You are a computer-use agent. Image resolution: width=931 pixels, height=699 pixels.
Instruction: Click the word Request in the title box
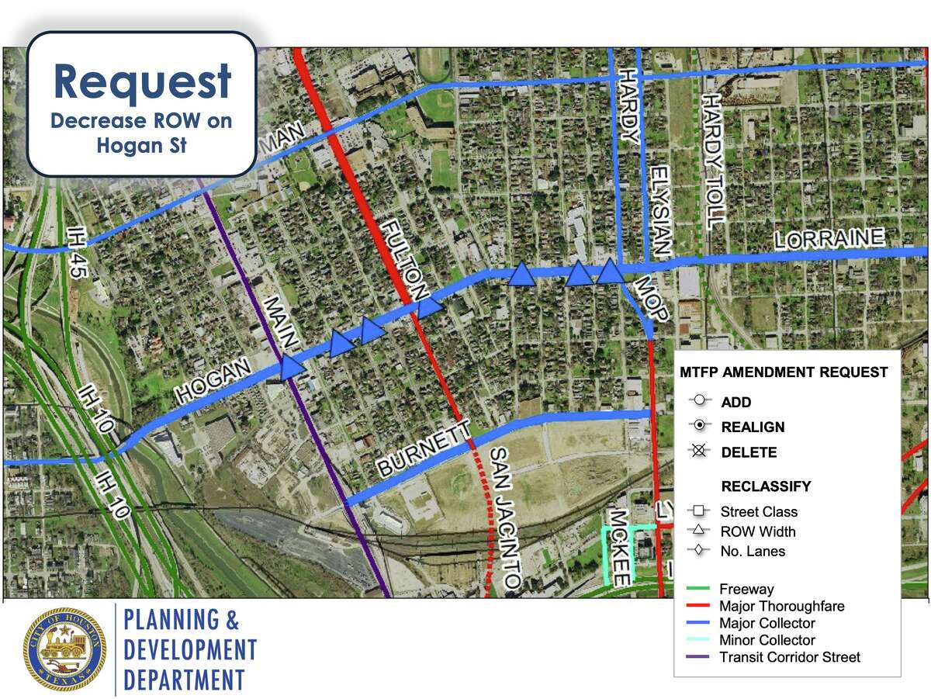click(x=142, y=81)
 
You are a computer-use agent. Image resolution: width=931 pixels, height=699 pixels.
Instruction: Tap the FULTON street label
click(x=403, y=259)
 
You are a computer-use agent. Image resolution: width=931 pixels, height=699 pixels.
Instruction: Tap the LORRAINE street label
click(x=829, y=237)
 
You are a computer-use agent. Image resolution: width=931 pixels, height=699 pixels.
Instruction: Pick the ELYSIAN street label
click(x=659, y=211)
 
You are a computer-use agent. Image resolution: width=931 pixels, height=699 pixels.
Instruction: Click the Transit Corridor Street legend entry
click(x=789, y=657)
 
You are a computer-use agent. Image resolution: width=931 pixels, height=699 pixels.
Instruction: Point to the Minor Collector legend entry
click(x=767, y=640)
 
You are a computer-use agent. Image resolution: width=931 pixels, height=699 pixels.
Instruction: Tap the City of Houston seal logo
click(x=64, y=649)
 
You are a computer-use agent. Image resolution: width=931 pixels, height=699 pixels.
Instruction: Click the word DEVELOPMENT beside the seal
click(x=190, y=650)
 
